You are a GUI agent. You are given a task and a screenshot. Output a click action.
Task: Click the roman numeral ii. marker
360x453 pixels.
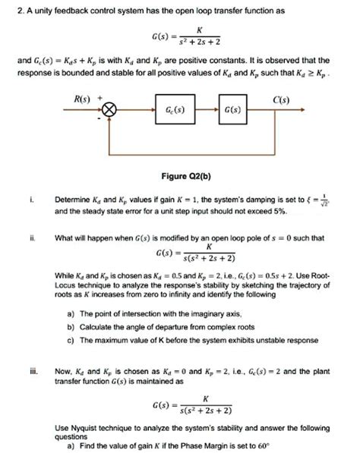[x=30, y=237]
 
